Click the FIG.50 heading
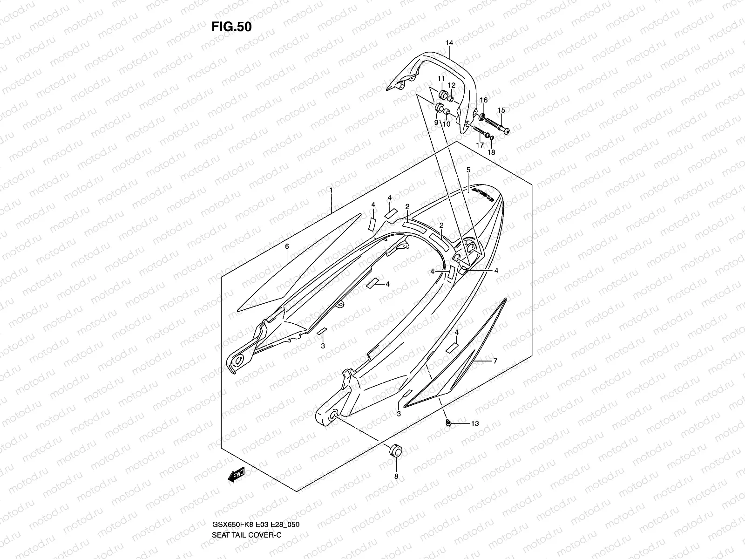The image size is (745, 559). [x=231, y=27]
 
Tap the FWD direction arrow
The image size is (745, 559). [x=236, y=475]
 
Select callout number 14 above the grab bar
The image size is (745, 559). [x=449, y=43]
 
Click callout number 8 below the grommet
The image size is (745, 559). [x=396, y=476]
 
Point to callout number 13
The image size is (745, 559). [x=474, y=424]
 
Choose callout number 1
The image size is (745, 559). [x=331, y=190]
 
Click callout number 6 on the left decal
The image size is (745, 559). [x=287, y=246]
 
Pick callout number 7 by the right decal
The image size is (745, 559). [x=495, y=361]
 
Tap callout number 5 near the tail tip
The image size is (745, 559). [x=468, y=170]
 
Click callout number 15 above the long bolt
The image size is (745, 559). [x=501, y=110]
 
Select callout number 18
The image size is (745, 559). [x=491, y=152]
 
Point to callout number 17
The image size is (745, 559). [x=480, y=145]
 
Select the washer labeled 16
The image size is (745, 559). [x=481, y=116]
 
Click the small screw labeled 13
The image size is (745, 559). [x=448, y=423]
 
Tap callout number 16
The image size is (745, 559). [x=484, y=100]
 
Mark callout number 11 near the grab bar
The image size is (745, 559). [x=441, y=79]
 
